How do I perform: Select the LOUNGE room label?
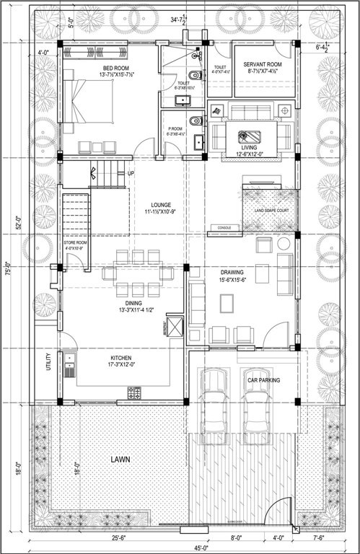[155, 204]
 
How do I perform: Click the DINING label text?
[133, 303]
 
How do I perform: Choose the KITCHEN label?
[120, 358]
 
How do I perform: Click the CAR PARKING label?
[265, 379]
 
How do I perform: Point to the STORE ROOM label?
[76, 243]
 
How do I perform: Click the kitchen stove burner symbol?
[135, 393]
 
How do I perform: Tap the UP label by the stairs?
[131, 174]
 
